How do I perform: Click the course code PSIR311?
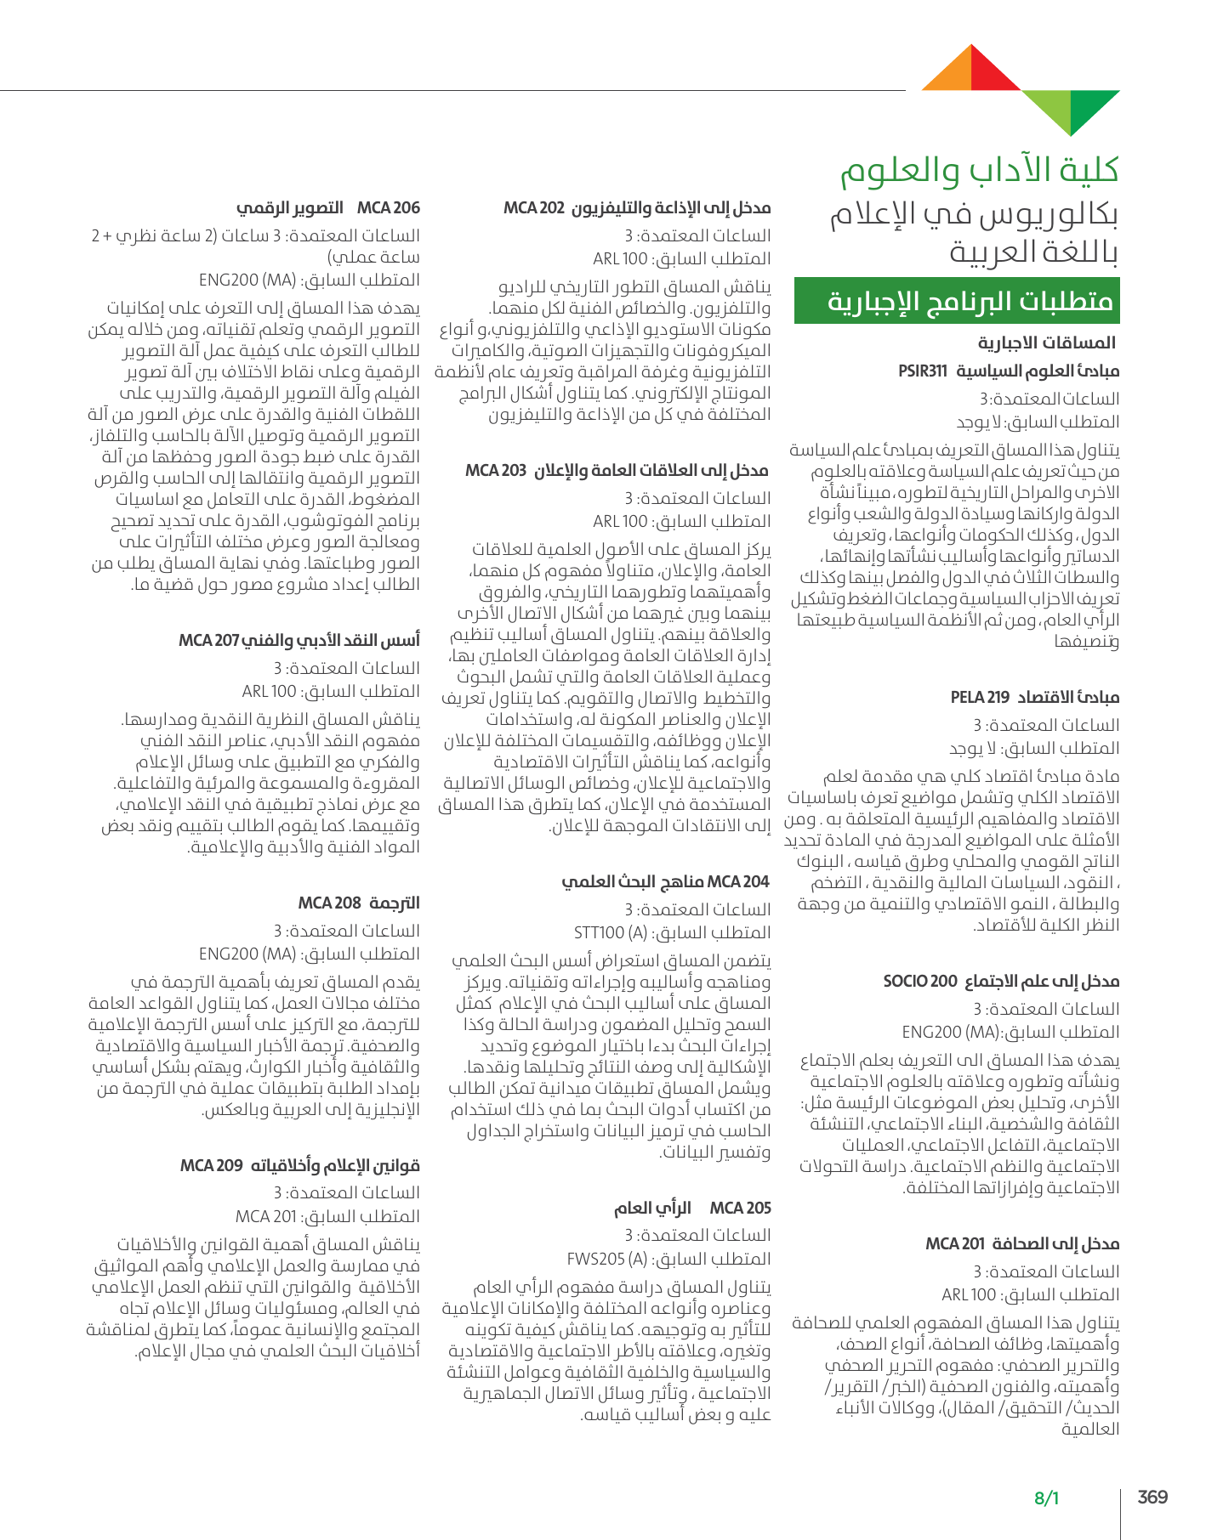click(x=923, y=371)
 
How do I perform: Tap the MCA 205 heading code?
click(x=740, y=1208)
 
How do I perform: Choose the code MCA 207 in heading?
click(x=209, y=640)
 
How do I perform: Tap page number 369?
click(x=1152, y=1497)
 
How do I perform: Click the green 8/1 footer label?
click(x=1046, y=1498)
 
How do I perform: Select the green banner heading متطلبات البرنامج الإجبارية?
click(x=957, y=301)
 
